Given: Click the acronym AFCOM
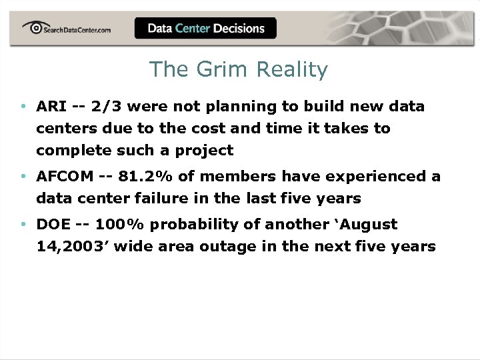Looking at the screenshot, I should [x=65, y=177].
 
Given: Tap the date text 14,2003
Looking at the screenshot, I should [x=73, y=247].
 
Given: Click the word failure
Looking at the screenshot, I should [x=164, y=199].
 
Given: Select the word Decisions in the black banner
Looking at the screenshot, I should [x=239, y=28].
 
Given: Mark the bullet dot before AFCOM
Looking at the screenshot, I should [x=23, y=177].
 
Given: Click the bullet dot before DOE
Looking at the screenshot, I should [x=23, y=225].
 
